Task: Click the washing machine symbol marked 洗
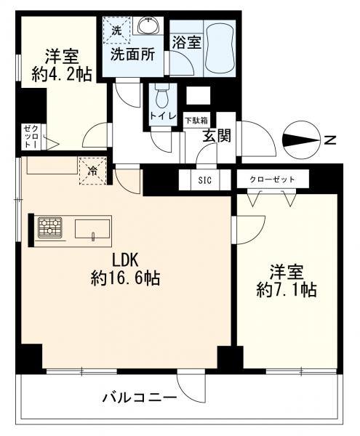[116, 30]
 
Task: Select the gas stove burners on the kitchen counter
[51, 227]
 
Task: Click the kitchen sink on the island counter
[91, 227]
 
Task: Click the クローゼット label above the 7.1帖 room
[272, 179]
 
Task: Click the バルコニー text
[139, 397]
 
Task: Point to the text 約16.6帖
[125, 278]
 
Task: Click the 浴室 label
[185, 43]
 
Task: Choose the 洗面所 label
[132, 54]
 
